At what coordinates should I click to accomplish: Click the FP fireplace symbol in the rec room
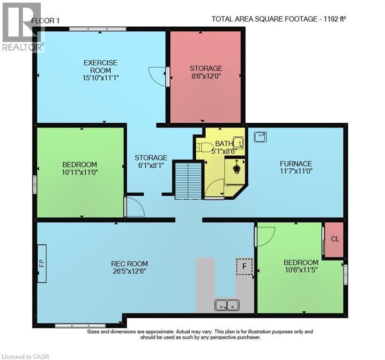click(41, 263)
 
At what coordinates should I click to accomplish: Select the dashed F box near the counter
click(244, 266)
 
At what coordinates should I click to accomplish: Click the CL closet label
click(334, 239)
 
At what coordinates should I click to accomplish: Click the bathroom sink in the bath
click(238, 141)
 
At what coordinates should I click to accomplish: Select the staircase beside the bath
click(188, 180)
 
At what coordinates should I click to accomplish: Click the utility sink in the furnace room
click(260, 136)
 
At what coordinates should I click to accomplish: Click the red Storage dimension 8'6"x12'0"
click(206, 77)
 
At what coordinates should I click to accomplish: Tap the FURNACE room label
click(296, 164)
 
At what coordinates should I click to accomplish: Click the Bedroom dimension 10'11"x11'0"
click(80, 172)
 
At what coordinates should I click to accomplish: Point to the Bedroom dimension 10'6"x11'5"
click(301, 270)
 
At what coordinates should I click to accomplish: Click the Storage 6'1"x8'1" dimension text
click(151, 165)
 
